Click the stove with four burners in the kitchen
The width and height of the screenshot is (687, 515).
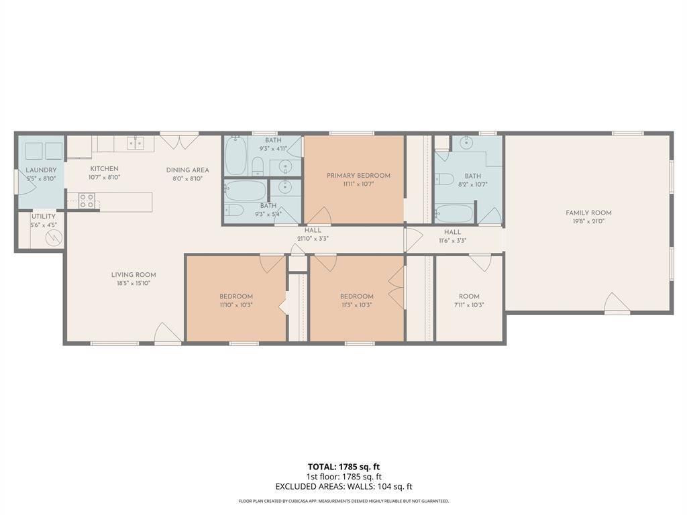(x=86, y=201)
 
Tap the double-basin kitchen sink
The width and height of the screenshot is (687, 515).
(x=136, y=142)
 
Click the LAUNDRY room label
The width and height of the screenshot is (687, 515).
(x=41, y=170)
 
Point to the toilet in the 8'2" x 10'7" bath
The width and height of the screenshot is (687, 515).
(x=443, y=179)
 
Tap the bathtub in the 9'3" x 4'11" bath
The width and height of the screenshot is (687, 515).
(x=235, y=156)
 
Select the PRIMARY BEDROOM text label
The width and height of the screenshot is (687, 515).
(x=358, y=176)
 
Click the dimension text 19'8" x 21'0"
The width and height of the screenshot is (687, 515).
(x=588, y=221)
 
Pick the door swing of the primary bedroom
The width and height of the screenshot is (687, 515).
(x=319, y=217)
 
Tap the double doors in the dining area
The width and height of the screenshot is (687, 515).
(x=179, y=141)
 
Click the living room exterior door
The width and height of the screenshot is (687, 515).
(x=167, y=333)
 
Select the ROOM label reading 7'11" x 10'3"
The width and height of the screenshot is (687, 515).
(x=469, y=296)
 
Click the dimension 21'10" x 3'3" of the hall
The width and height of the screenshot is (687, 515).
(x=313, y=238)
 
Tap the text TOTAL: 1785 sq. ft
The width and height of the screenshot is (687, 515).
(x=344, y=467)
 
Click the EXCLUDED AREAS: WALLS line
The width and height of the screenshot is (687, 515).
(x=343, y=487)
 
